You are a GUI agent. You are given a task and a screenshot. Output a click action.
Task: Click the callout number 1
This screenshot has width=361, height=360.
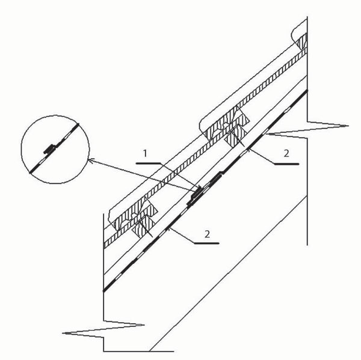tap(145, 153)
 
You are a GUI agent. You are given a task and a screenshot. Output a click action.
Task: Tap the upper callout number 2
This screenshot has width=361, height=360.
tap(286, 153)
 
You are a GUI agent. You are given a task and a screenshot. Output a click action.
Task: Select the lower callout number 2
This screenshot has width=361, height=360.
tap(207, 234)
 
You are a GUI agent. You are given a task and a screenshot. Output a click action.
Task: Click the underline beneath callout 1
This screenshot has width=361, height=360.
tap(147, 163)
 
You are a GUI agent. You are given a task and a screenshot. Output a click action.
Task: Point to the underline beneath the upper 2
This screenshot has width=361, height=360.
tap(286, 164)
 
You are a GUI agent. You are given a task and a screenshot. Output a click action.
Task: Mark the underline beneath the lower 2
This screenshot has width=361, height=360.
tap(206, 243)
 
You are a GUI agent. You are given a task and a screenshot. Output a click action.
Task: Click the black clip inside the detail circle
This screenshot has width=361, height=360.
tap(49, 149)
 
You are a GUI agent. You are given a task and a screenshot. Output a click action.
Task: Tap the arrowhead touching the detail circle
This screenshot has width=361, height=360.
tap(91, 160)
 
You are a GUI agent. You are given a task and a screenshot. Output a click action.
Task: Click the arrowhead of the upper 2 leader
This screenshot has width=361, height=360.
tap(248, 150)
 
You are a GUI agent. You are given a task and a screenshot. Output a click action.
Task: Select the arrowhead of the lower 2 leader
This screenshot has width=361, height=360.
tap(170, 228)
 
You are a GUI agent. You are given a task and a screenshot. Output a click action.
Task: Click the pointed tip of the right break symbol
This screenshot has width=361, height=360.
tap(348, 126)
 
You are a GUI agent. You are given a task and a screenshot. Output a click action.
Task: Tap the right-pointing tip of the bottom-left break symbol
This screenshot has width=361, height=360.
tap(144, 325)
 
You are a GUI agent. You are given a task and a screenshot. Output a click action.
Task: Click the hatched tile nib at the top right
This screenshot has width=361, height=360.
tap(302, 41)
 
